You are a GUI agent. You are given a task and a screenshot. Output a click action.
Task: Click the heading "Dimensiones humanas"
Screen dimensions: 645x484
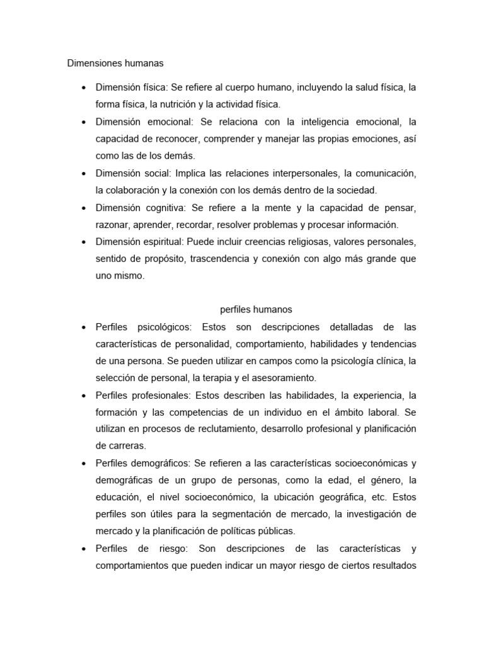pyautogui.click(x=115, y=63)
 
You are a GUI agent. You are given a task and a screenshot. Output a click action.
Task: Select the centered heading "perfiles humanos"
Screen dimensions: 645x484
pyautogui.click(x=256, y=309)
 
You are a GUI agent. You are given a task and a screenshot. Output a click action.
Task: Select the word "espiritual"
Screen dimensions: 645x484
pyautogui.click(x=161, y=241)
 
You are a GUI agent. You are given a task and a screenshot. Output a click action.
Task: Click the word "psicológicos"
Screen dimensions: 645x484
pyautogui.click(x=163, y=327)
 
